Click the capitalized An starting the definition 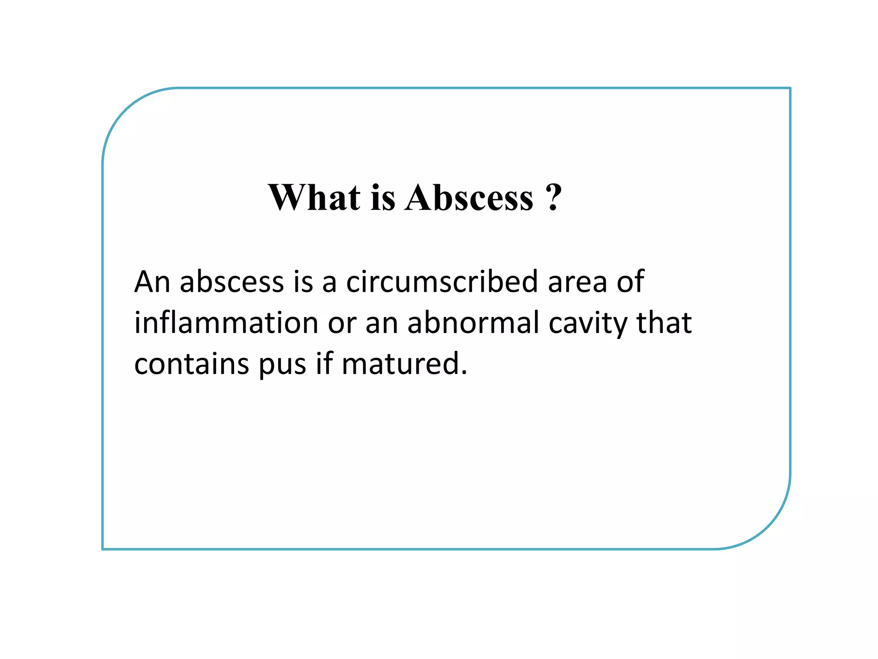(x=152, y=282)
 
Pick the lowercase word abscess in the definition (x=232, y=282)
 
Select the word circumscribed (x=442, y=282)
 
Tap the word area (x=577, y=283)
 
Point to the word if (x=324, y=363)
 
